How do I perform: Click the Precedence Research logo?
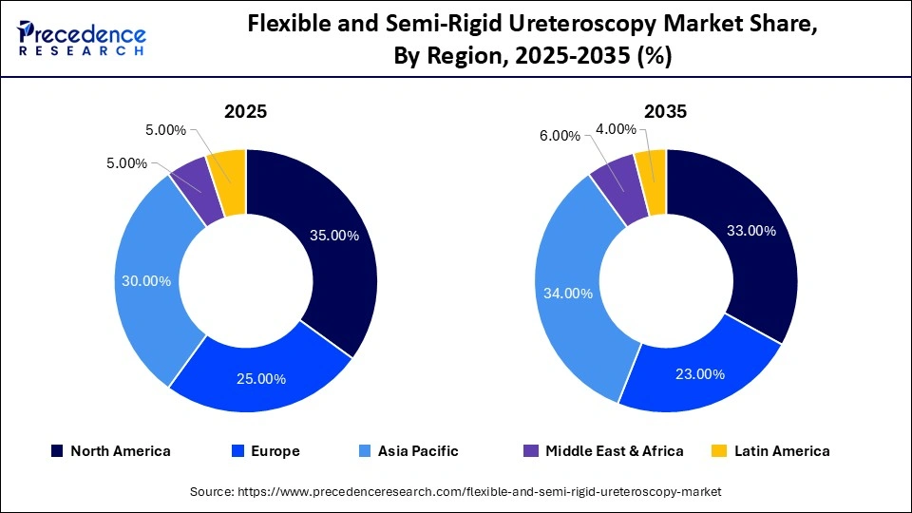(82, 37)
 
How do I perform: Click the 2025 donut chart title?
(245, 111)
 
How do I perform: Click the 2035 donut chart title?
(665, 111)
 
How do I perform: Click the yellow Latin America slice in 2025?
(230, 171)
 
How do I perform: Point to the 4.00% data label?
(616, 128)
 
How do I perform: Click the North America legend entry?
(111, 451)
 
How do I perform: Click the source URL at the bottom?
(456, 491)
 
